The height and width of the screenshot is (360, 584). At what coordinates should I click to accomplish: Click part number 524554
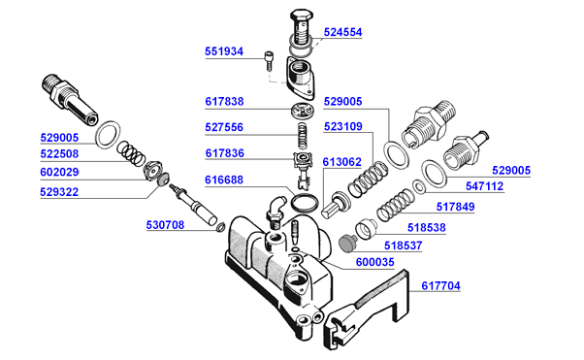tap(342, 32)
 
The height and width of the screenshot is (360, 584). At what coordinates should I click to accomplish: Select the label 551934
tap(224, 51)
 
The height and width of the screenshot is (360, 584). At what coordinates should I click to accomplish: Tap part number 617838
tap(224, 101)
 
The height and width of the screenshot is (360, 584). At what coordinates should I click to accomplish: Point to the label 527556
tap(224, 127)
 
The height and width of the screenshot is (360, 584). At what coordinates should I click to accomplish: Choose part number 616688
tap(224, 180)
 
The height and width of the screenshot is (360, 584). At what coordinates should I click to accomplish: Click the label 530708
tap(165, 225)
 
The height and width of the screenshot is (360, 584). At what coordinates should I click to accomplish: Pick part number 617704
tap(440, 285)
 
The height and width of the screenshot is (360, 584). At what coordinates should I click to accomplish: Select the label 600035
tap(374, 262)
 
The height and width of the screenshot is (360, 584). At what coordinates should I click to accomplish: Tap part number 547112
tap(484, 186)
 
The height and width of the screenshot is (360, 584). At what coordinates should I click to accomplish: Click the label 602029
tap(59, 172)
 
